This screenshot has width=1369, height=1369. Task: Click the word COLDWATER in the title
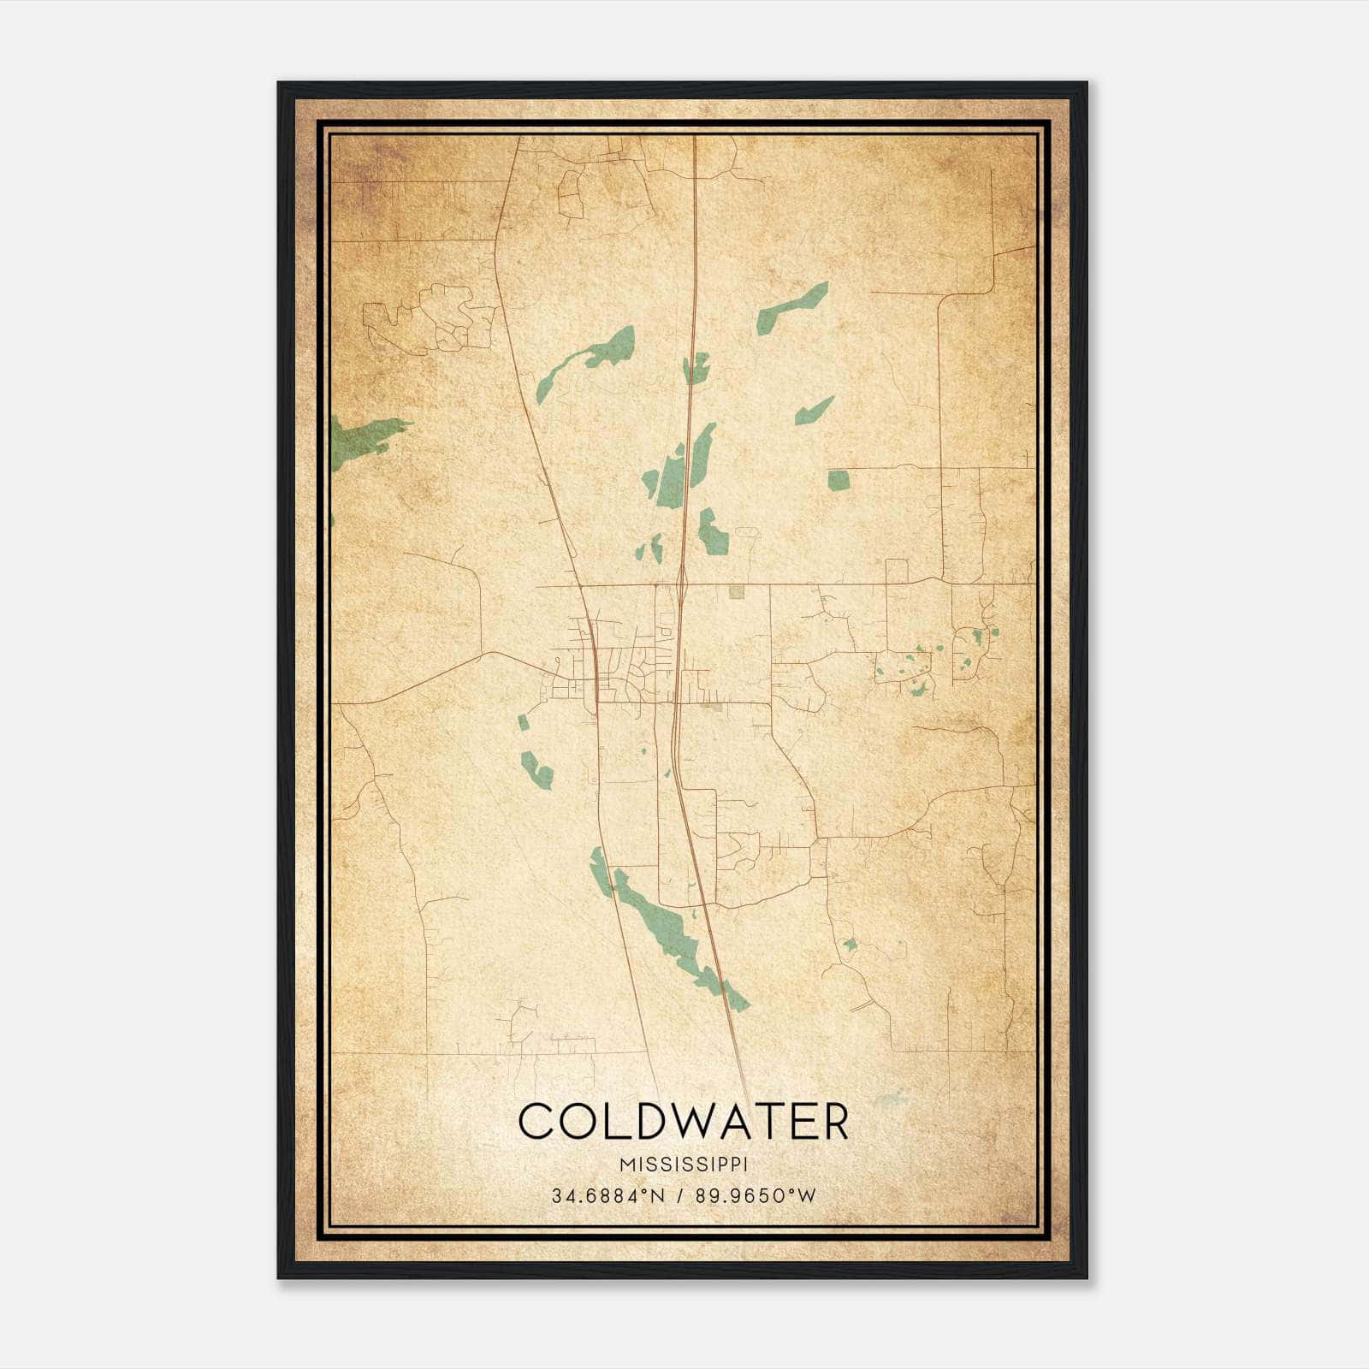(683, 1123)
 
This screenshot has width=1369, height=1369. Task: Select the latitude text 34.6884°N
(607, 1196)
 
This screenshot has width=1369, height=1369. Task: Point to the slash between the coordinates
(678, 1196)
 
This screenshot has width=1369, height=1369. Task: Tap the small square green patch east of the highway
(838, 480)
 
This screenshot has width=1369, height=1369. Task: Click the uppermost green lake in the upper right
(792, 307)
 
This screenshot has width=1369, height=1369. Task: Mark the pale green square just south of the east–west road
(737, 591)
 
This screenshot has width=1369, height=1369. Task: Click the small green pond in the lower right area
(850, 945)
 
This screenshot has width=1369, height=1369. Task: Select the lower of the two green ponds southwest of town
(538, 770)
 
